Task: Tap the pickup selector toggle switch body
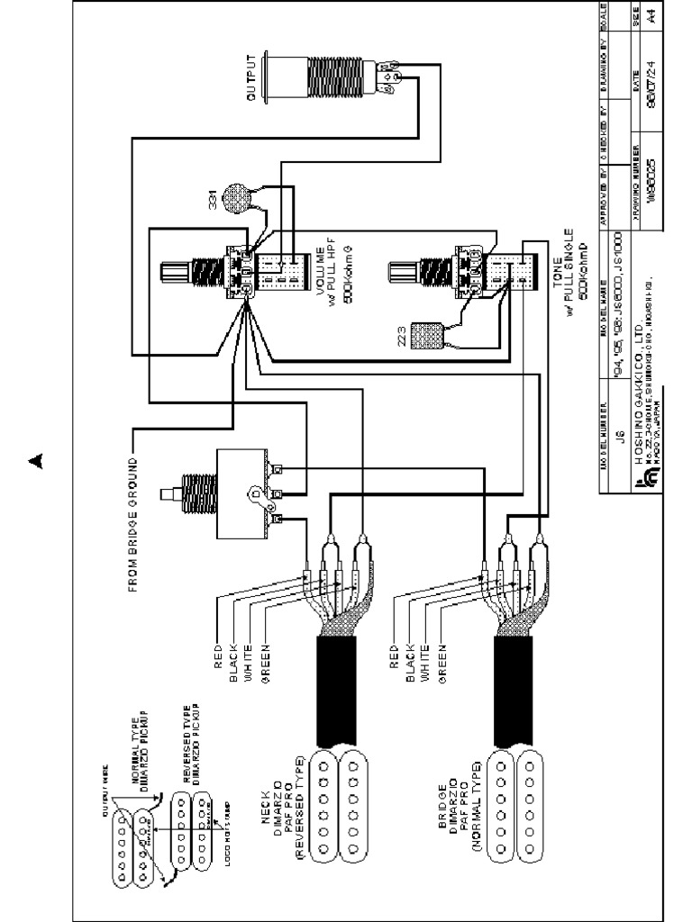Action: pyautogui.click(x=239, y=493)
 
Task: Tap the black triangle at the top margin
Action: pyautogui.click(x=35, y=461)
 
